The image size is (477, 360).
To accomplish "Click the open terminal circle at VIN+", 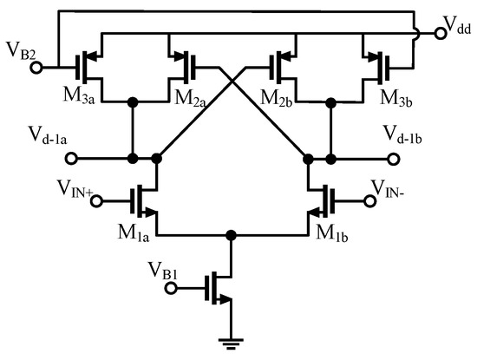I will point(96,201).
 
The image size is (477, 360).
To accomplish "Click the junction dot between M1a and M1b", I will point(230,235).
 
